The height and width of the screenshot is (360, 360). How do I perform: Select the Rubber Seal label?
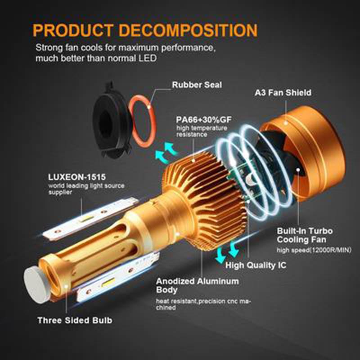[x=197, y=84]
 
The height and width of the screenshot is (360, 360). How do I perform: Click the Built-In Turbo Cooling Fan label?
[x=301, y=235]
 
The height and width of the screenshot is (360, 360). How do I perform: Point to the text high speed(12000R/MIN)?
[x=314, y=250]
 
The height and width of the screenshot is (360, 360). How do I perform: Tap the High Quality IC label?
[x=256, y=265]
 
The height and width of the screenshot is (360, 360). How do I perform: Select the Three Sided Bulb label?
[x=74, y=320]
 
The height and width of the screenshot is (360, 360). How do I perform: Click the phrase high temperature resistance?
[x=197, y=131]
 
